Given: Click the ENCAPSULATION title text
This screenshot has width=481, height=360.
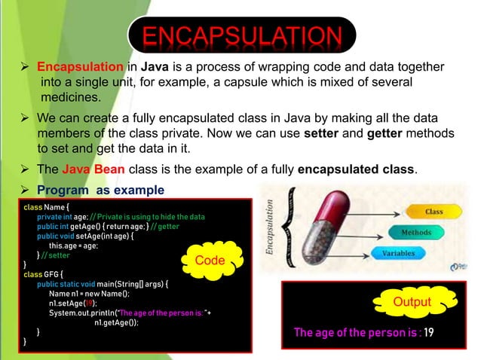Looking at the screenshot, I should pos(240,36).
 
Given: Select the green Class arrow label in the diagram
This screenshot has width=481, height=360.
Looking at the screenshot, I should pos(434,212).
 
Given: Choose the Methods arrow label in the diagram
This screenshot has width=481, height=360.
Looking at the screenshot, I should pos(415,233).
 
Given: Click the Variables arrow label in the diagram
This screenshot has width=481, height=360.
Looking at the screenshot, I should pos(397,254).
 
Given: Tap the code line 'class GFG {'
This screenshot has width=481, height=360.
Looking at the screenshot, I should pos(44,275).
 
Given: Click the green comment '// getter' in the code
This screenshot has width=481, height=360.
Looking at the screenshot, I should pos(164,226).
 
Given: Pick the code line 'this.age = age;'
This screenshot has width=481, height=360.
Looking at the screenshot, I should pos(73,246).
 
